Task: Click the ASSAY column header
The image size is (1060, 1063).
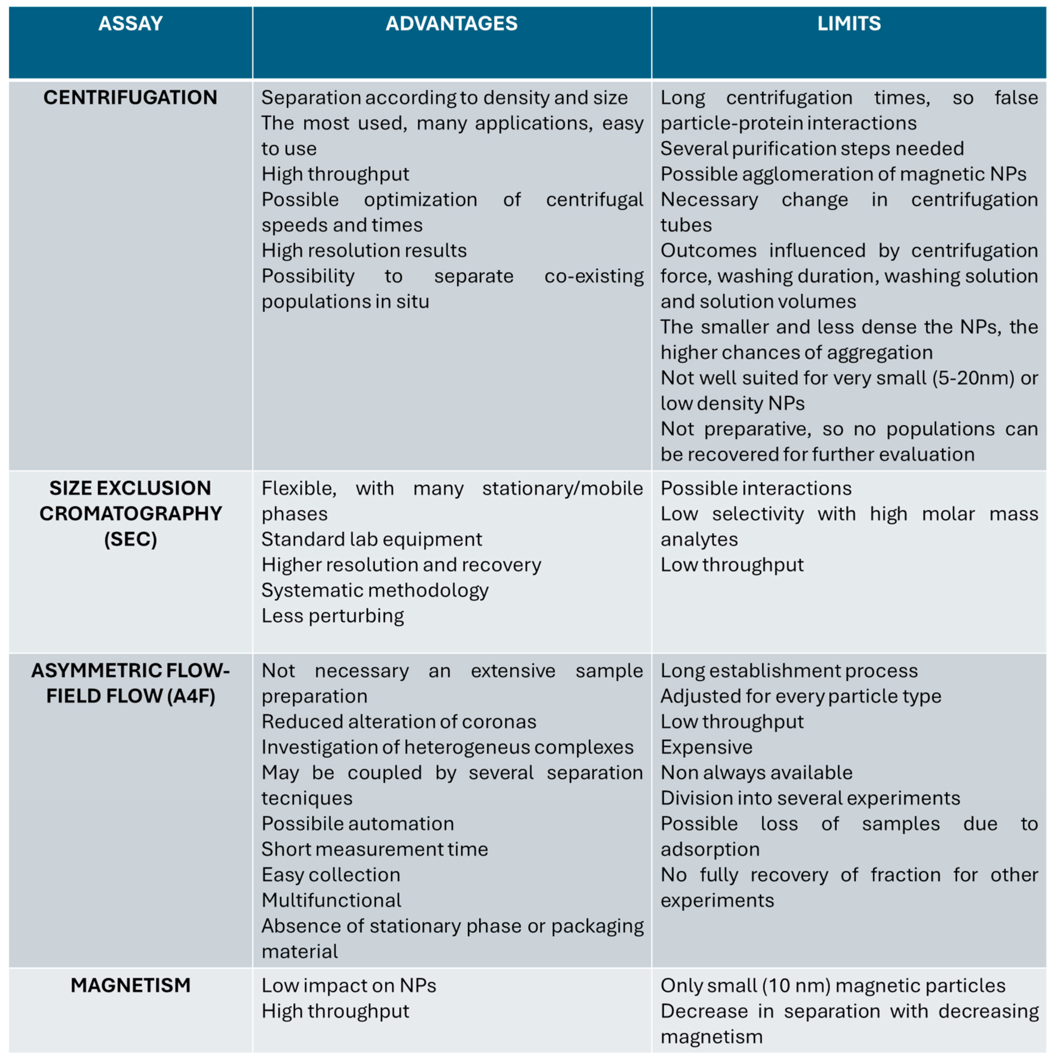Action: [130, 24]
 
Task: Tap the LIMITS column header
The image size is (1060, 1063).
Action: [849, 24]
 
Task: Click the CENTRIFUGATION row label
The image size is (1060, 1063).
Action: [130, 97]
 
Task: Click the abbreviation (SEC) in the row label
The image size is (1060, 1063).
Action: [130, 539]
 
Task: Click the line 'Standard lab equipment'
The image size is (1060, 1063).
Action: [371, 539]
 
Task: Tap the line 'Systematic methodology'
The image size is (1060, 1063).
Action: [375, 590]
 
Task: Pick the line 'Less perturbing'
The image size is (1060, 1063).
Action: [332, 616]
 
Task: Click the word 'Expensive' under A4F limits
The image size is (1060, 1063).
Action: [706, 747]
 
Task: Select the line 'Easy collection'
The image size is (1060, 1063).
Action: [331, 875]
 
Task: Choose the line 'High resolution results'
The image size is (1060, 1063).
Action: [364, 250]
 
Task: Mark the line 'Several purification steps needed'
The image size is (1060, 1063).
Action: [812, 149]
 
